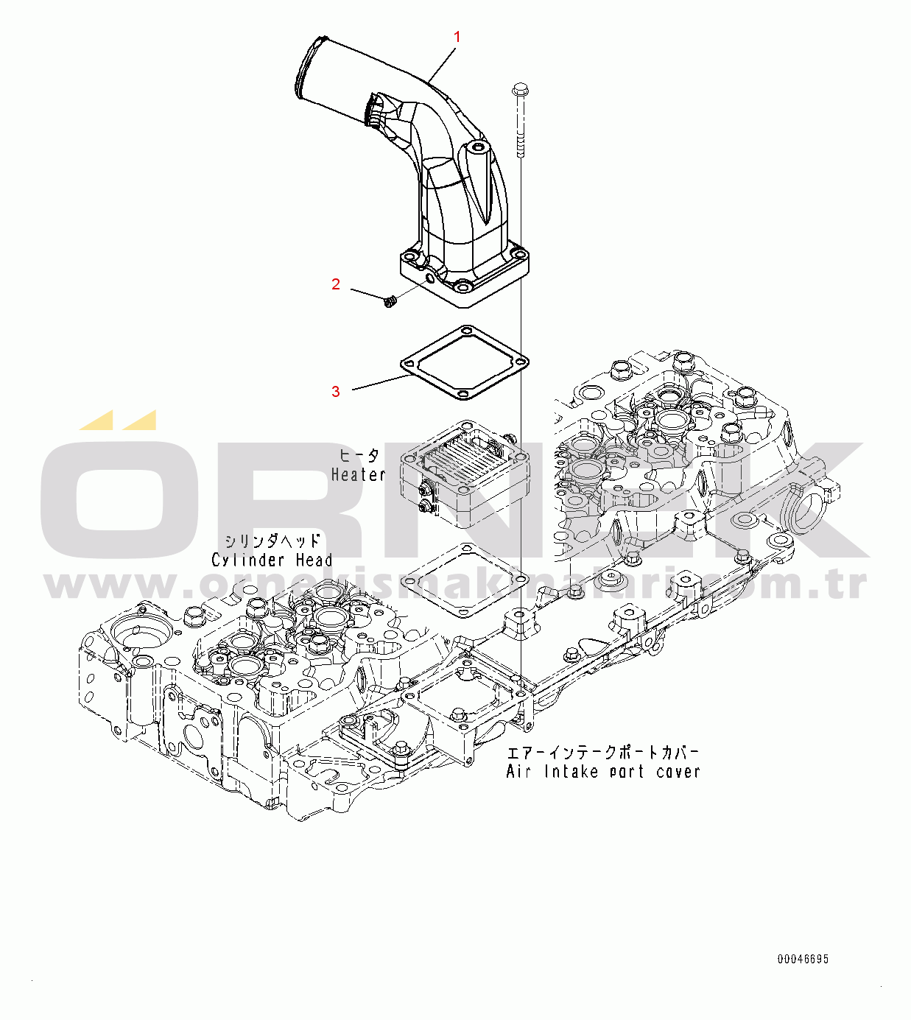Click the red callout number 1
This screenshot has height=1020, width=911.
coord(457,37)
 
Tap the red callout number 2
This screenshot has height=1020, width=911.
coord(336,284)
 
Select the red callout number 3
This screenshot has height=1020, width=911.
coord(336,391)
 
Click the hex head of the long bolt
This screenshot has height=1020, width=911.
coord(518,90)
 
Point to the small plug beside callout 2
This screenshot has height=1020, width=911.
coord(390,302)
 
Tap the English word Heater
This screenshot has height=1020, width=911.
coord(358,475)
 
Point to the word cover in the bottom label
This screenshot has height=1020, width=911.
coord(678,772)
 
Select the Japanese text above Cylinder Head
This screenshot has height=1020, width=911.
coord(272,541)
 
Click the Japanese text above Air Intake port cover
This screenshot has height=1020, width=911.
coord(602,753)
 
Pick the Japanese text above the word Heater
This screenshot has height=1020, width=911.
coord(359,456)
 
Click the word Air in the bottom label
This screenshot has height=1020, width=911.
coord(518,771)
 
